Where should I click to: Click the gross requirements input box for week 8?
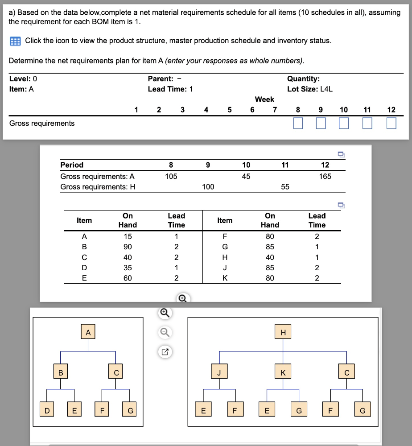click(x=298, y=123)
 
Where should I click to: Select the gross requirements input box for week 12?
click(x=391, y=123)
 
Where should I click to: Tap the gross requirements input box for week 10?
click(x=344, y=123)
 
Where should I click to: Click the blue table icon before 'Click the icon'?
click(x=15, y=41)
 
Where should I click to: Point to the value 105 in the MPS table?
click(x=171, y=176)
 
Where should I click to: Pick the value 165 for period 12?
click(x=325, y=176)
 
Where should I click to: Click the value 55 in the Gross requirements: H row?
click(x=285, y=187)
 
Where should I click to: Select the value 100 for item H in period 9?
click(x=208, y=187)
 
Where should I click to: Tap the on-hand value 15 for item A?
click(x=128, y=236)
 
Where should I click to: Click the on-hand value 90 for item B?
click(x=128, y=247)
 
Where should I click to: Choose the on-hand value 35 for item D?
click(x=128, y=268)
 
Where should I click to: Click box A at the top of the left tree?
click(x=88, y=332)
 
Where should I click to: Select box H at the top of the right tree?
click(x=283, y=332)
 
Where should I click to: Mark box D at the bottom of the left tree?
click(x=47, y=411)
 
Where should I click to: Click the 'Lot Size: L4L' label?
click(x=309, y=89)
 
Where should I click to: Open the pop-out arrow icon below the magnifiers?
click(x=164, y=352)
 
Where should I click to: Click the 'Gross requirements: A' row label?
click(x=97, y=176)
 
